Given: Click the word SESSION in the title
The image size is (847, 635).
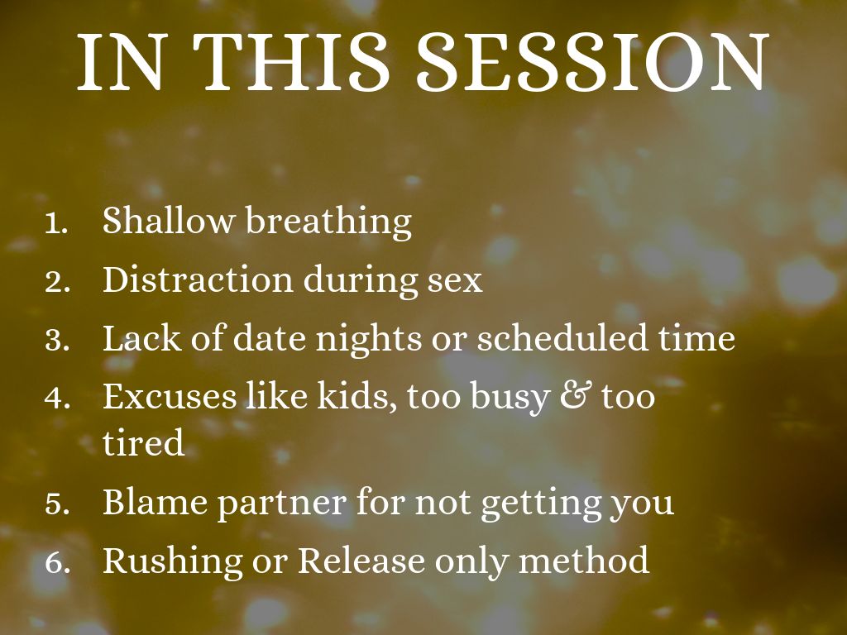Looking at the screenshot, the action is point(592,61).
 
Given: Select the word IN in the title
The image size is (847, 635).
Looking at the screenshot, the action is point(120,61).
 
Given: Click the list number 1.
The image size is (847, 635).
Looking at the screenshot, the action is point(56,223).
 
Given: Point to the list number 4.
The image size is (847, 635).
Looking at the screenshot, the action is point(57,399).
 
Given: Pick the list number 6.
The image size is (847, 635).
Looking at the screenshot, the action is point(57,562).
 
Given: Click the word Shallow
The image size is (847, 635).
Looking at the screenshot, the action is point(169,220).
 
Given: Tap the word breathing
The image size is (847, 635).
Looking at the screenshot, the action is point(329,222).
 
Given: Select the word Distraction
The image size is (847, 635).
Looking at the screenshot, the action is point(198,279).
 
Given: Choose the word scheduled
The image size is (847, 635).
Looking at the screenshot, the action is point(562,337).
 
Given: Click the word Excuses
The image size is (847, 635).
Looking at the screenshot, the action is point(170,396).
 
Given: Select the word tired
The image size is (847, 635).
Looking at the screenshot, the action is point(144,442).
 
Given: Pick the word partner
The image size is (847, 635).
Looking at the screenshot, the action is point(281,504).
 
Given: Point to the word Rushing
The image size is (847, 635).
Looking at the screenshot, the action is point(172,561).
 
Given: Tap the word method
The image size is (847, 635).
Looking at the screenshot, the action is point(584,560).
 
